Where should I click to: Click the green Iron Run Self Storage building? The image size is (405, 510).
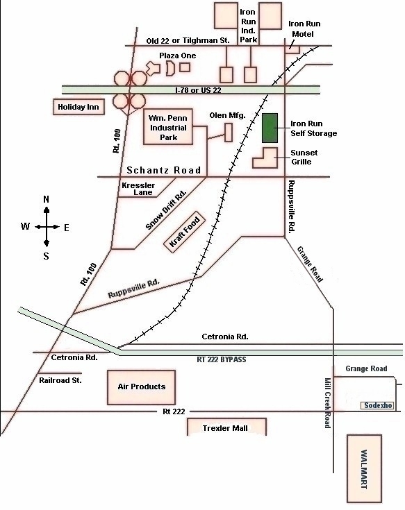click(270, 128)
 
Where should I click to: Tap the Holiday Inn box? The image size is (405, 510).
click(78, 107)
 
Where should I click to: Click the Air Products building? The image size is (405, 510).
click(141, 387)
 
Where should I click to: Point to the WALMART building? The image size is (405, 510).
click(364, 468)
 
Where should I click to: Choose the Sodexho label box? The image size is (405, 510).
click(378, 406)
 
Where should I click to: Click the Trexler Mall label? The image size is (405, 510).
click(225, 428)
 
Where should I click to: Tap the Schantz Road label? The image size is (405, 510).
click(163, 170)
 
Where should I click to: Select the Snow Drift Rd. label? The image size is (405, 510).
click(166, 210)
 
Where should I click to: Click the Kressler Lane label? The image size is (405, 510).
click(138, 189)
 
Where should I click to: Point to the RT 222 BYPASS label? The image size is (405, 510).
click(222, 359)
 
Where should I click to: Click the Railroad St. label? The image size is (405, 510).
click(60, 380)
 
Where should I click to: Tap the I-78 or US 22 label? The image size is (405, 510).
click(198, 90)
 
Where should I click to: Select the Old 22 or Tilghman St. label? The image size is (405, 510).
click(188, 41)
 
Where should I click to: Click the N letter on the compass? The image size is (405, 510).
click(47, 199)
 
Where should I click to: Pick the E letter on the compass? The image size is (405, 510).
click(67, 228)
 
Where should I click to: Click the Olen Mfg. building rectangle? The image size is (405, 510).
click(229, 133)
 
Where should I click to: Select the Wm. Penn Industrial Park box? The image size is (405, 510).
click(168, 127)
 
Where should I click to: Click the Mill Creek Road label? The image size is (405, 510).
click(328, 403)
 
